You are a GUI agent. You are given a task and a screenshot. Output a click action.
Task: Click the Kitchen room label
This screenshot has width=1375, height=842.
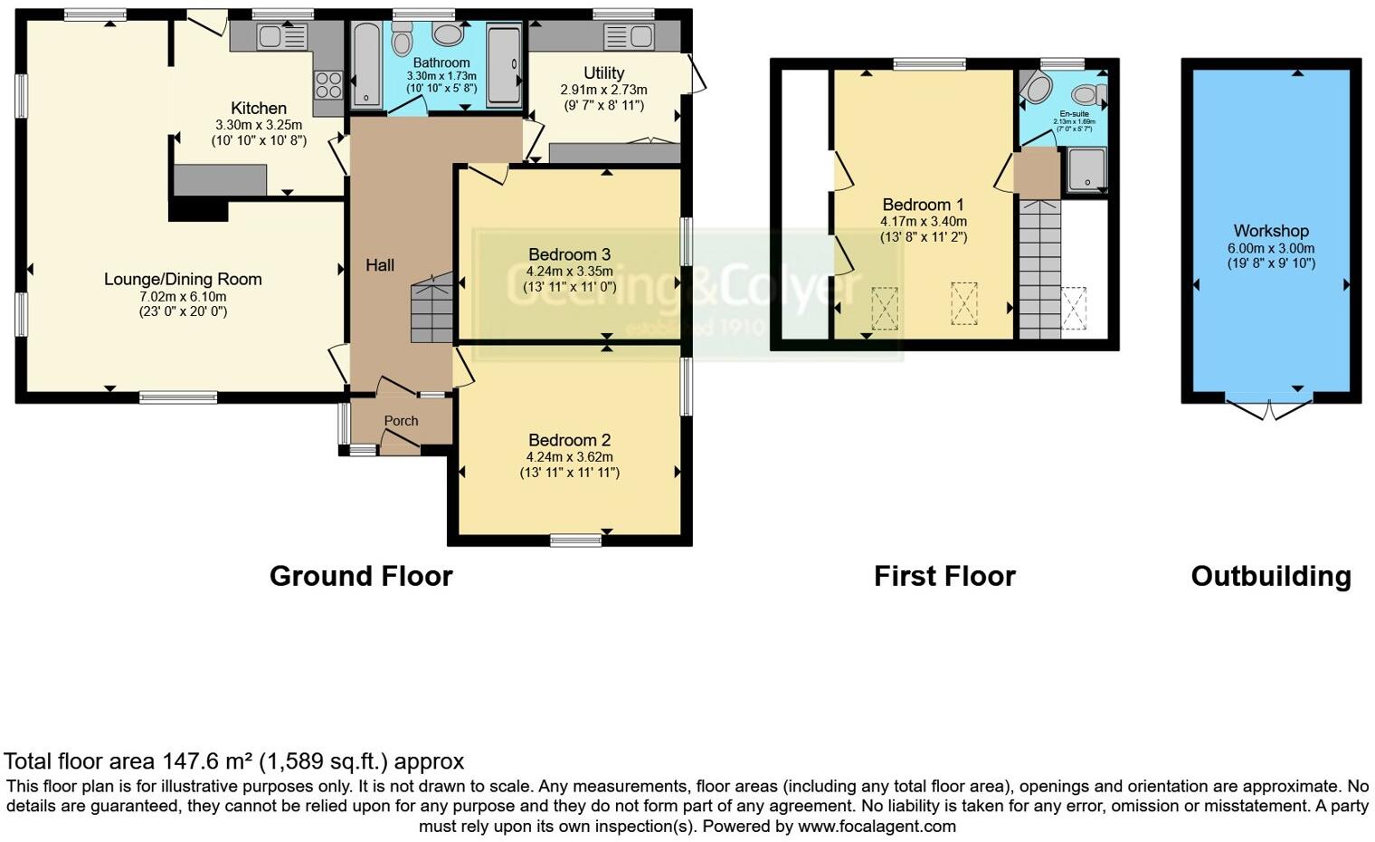(x=258, y=109)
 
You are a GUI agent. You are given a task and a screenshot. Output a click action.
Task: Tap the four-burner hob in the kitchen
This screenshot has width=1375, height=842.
(x=327, y=85)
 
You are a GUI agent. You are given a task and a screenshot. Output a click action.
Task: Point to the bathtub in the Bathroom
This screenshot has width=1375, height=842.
(x=366, y=66)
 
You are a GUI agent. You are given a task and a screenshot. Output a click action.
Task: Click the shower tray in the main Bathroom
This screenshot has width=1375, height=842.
(x=504, y=66)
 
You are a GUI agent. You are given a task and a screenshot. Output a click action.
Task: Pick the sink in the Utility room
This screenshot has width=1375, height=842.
(x=630, y=36)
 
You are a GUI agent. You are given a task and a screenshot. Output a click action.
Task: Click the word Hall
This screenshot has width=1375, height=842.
(x=380, y=265)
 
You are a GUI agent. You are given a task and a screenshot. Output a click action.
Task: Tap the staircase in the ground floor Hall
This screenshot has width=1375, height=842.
(x=431, y=308)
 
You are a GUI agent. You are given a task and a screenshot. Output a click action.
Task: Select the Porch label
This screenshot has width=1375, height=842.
(x=401, y=421)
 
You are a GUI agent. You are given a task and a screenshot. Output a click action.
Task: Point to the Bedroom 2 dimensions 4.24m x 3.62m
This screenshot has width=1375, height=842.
(x=569, y=457)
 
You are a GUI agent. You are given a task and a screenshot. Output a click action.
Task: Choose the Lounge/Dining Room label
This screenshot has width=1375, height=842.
(x=183, y=279)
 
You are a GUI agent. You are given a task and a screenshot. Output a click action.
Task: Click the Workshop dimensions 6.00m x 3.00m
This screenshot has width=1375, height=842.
(x=1271, y=248)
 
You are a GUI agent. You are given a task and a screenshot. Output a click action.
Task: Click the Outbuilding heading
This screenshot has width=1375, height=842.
(x=1270, y=576)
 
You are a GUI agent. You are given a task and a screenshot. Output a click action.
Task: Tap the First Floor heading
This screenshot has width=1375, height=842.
(x=944, y=576)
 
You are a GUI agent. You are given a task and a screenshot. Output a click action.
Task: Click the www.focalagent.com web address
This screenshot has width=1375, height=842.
(x=877, y=826)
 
